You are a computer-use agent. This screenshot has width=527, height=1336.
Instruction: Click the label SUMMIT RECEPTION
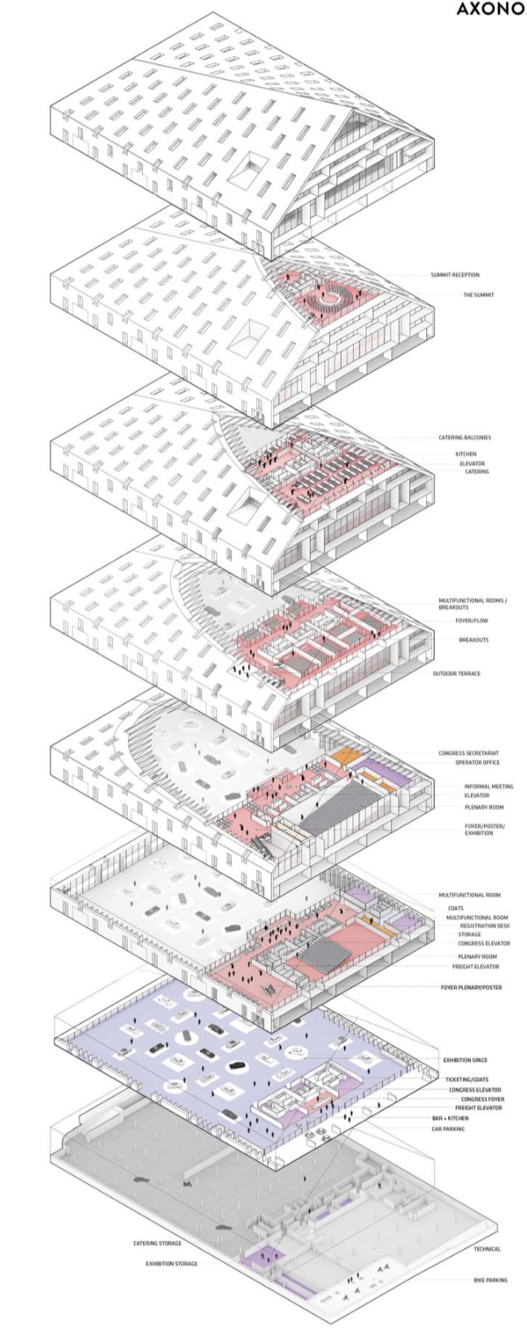tap(455, 275)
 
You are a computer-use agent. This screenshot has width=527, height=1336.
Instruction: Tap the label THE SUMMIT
tap(478, 295)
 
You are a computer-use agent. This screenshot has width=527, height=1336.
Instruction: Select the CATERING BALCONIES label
tap(464, 437)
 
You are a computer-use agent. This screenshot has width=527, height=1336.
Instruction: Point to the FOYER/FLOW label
tap(472, 621)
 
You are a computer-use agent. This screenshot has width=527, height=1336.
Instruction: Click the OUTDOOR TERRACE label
tap(456, 674)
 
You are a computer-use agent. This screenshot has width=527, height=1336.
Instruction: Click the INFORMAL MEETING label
tap(488, 787)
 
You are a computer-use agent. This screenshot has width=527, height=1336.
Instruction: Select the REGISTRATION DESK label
tap(485, 926)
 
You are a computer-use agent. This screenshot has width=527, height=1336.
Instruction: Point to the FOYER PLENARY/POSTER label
tap(471, 987)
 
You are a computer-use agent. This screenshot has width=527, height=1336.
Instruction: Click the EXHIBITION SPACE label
tap(465, 1061)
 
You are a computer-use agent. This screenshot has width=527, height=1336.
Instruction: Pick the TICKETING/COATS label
tap(467, 1080)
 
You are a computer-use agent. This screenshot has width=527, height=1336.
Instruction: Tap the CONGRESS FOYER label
tap(482, 1099)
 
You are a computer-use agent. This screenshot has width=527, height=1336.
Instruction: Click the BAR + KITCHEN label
tap(450, 1118)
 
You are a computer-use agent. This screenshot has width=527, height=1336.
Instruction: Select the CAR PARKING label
tap(448, 1129)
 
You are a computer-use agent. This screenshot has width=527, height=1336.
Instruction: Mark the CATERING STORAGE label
tap(158, 1243)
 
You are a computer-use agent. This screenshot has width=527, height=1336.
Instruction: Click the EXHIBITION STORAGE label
tap(171, 1264)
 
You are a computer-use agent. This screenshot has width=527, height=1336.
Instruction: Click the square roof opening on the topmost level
tap(249, 170)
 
